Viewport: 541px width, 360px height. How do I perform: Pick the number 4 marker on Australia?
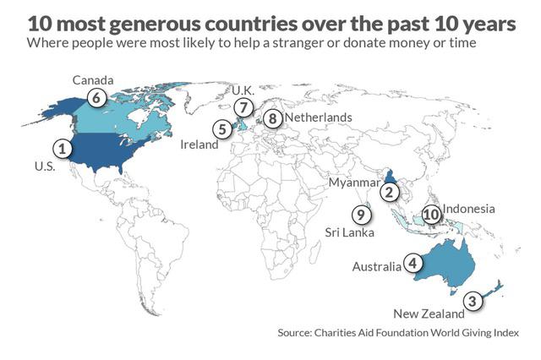413,263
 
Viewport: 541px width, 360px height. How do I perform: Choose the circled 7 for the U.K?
243,107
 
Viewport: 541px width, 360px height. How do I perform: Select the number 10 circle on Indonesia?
431,215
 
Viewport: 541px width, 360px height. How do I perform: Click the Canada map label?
93,79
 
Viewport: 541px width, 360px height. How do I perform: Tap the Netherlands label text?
319,117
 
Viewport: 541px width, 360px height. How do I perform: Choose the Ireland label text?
199,145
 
